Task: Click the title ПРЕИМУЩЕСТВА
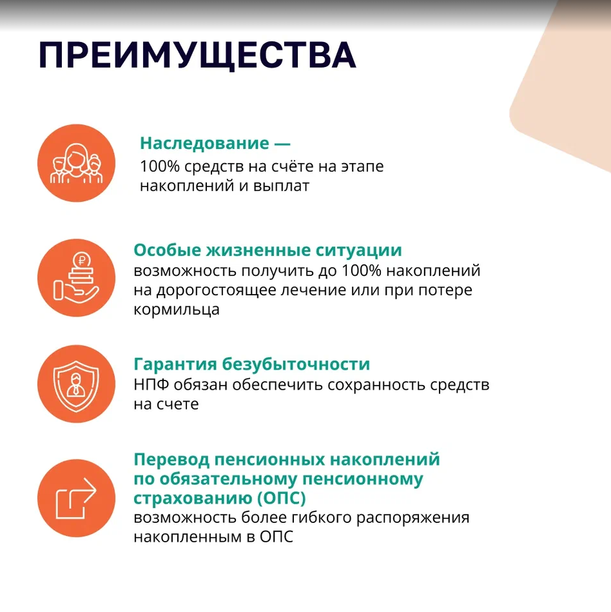coord(197,55)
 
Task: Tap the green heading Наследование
coord(204,143)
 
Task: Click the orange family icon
coord(77,163)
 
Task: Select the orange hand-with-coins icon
coord(77,278)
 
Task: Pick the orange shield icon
coord(77,384)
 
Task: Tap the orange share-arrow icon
coord(77,498)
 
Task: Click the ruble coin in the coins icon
coord(82,260)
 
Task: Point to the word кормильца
coord(177,310)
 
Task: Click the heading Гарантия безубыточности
coord(251,364)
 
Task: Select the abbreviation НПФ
coord(151,385)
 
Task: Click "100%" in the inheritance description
coord(159,166)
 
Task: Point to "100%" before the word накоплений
coord(362,271)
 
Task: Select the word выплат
coord(281,186)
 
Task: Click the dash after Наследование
coord(282,144)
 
